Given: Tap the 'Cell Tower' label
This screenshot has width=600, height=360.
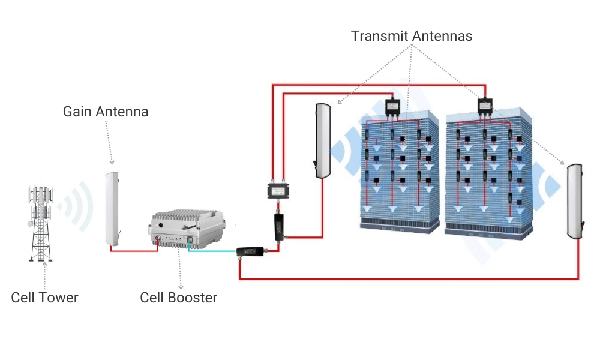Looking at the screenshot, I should [44, 298].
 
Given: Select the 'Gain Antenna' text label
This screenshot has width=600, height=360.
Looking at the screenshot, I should [106, 112].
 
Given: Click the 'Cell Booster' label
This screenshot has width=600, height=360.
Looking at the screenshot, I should [178, 298].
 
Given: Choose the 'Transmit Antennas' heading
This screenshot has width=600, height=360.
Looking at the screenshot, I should [412, 36].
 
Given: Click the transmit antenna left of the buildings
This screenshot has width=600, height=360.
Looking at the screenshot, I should [322, 140].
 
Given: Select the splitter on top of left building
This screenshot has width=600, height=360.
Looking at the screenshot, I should [393, 107].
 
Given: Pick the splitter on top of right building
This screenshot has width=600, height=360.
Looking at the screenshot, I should [484, 107].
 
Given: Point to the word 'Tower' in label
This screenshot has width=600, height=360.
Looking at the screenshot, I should [59, 298].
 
